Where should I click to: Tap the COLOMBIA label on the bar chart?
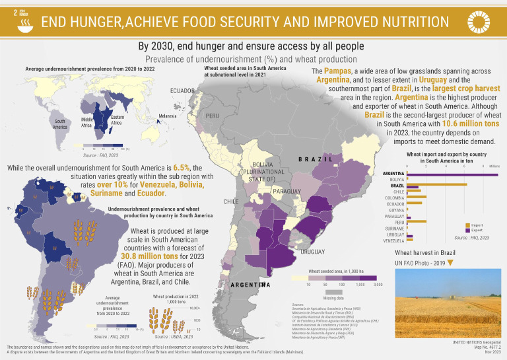[x=395, y=198]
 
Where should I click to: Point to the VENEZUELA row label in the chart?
[x=393, y=240]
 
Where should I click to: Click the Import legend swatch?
[x=467, y=225]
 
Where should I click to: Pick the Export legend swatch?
[x=467, y=231]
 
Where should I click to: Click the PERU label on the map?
[x=212, y=115]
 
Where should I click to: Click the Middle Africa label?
[x=90, y=122]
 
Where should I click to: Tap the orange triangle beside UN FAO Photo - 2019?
[x=450, y=263]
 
